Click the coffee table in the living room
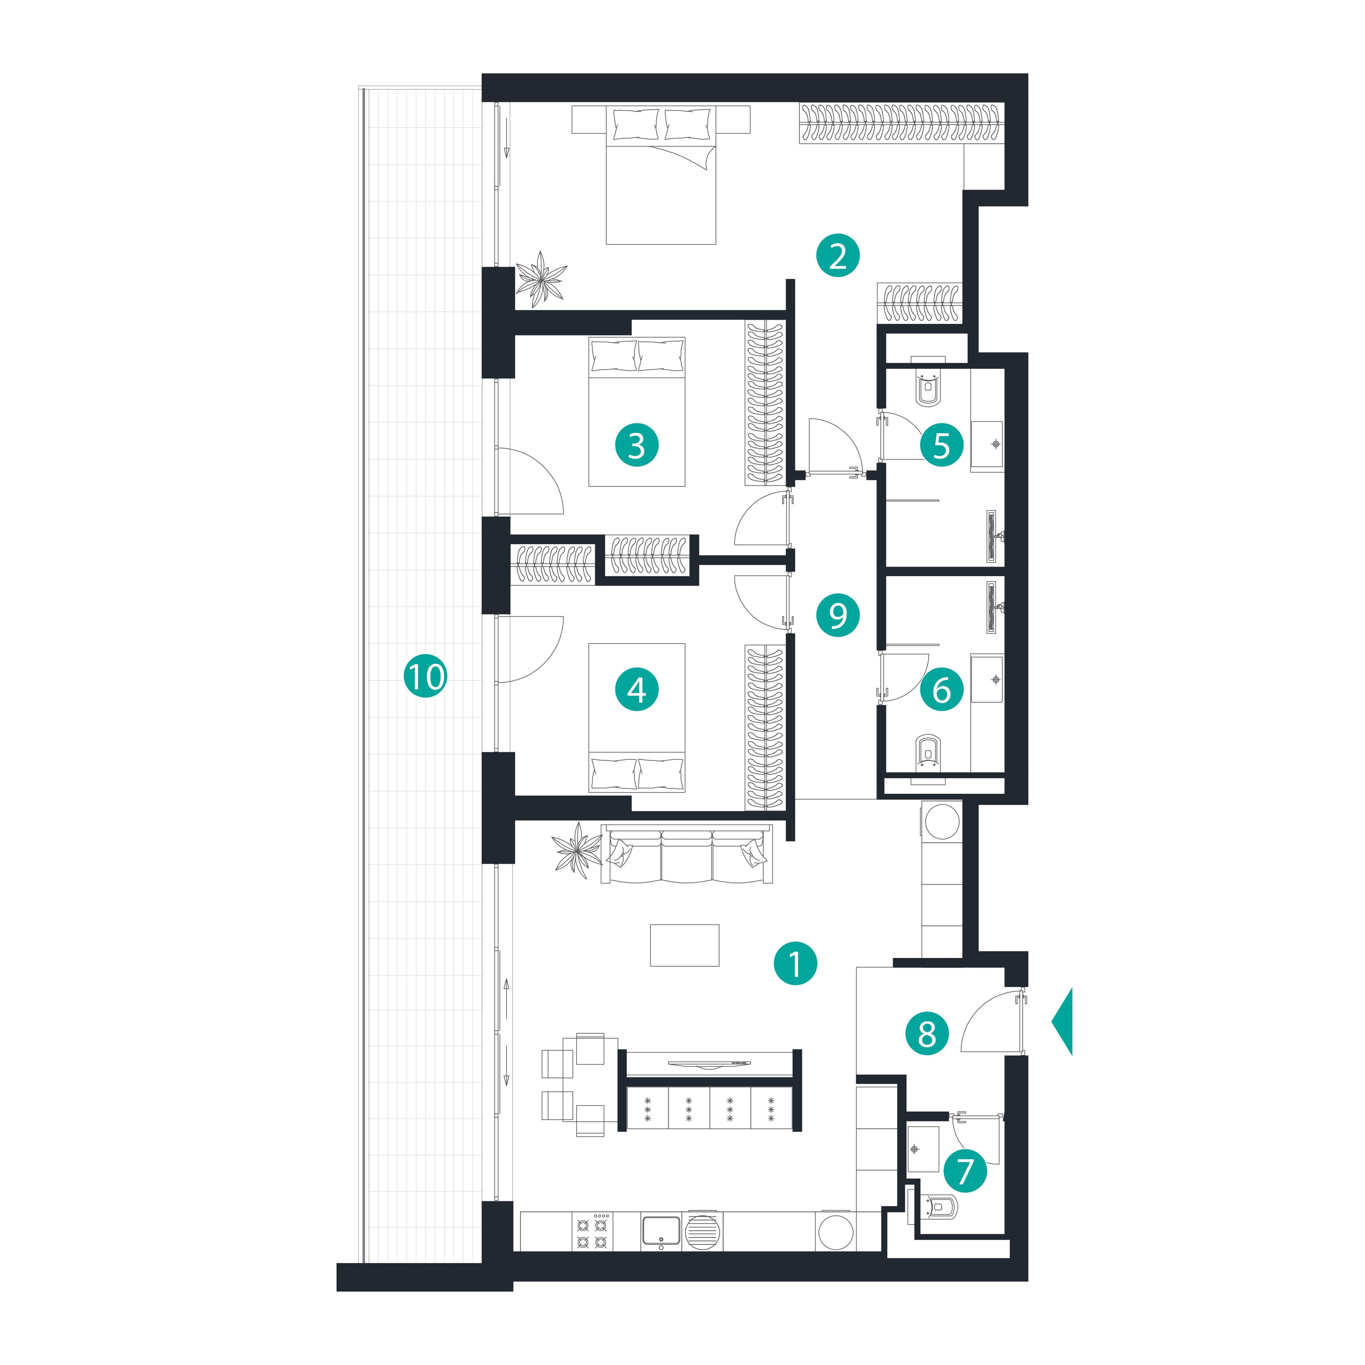685,945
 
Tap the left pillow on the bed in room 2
636,124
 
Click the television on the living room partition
710,1062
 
